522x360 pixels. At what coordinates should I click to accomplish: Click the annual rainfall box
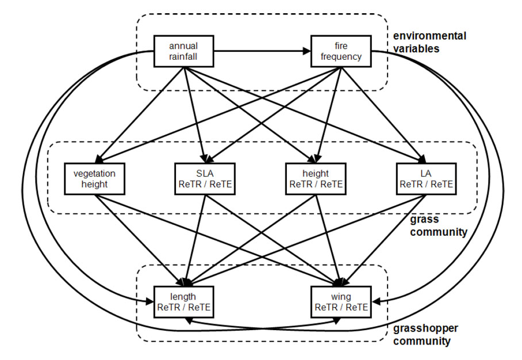tap(183, 51)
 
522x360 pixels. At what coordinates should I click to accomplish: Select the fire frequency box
tap(341, 51)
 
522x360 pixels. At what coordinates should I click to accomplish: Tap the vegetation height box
tap(94, 179)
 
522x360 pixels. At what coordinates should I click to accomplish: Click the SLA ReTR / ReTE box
tap(204, 179)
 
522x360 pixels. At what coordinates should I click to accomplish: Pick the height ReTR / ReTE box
tap(316, 179)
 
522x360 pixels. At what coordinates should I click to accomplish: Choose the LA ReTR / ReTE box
tap(426, 179)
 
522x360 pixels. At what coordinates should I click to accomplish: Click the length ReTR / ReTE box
tap(183, 302)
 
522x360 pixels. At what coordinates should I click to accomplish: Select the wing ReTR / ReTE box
tap(341, 302)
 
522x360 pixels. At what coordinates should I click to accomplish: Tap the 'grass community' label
tap(437, 226)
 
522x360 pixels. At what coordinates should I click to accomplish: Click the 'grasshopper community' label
tap(422, 335)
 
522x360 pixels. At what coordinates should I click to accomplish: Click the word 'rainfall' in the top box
tap(183, 57)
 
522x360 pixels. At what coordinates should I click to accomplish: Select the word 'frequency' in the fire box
tap(341, 57)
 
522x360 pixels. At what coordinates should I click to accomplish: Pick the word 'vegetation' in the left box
tap(94, 173)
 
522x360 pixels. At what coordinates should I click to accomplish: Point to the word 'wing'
tap(341, 296)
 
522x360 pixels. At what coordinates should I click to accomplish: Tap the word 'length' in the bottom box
tap(183, 296)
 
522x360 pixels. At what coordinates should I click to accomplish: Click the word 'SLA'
tap(204, 173)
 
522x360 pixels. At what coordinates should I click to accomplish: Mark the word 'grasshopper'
tap(422, 330)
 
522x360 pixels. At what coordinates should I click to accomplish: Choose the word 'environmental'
tap(429, 36)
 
